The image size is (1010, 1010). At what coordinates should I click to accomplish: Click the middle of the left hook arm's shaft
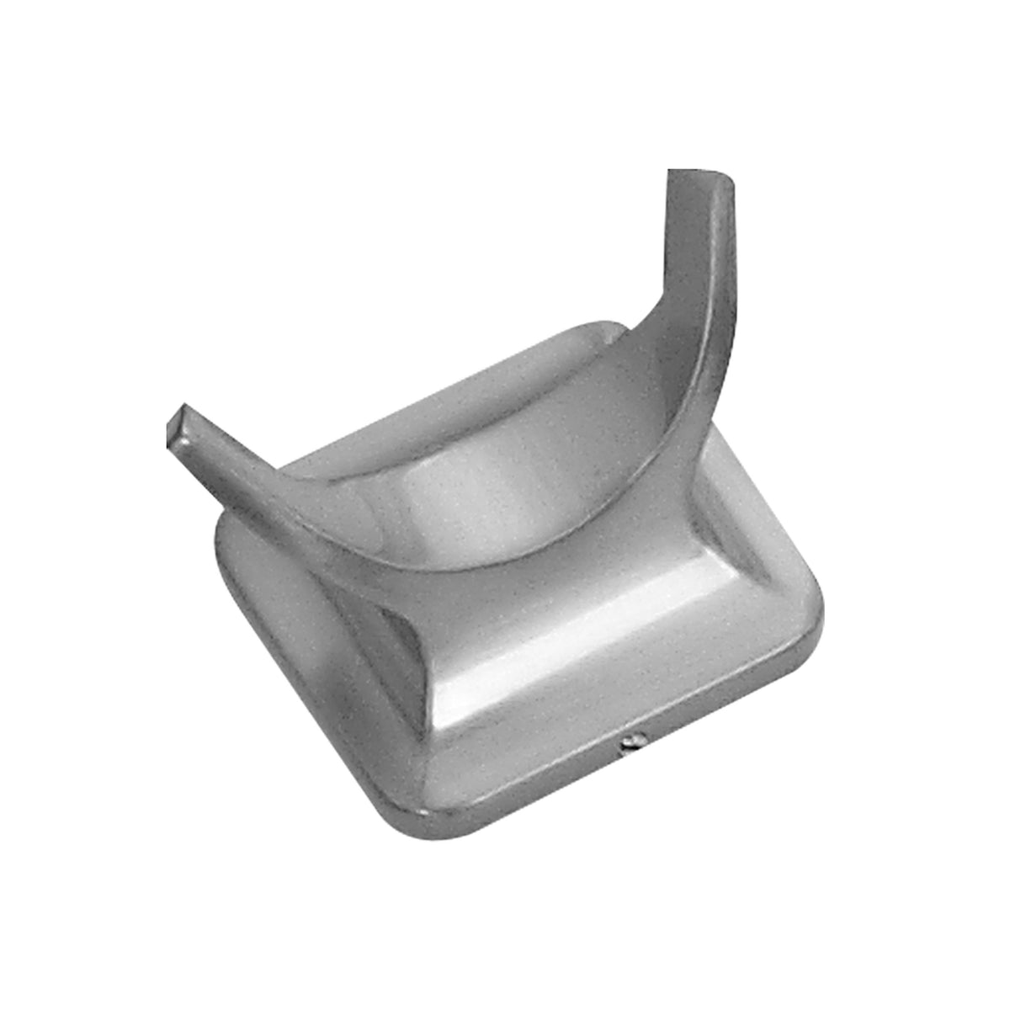(244, 480)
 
